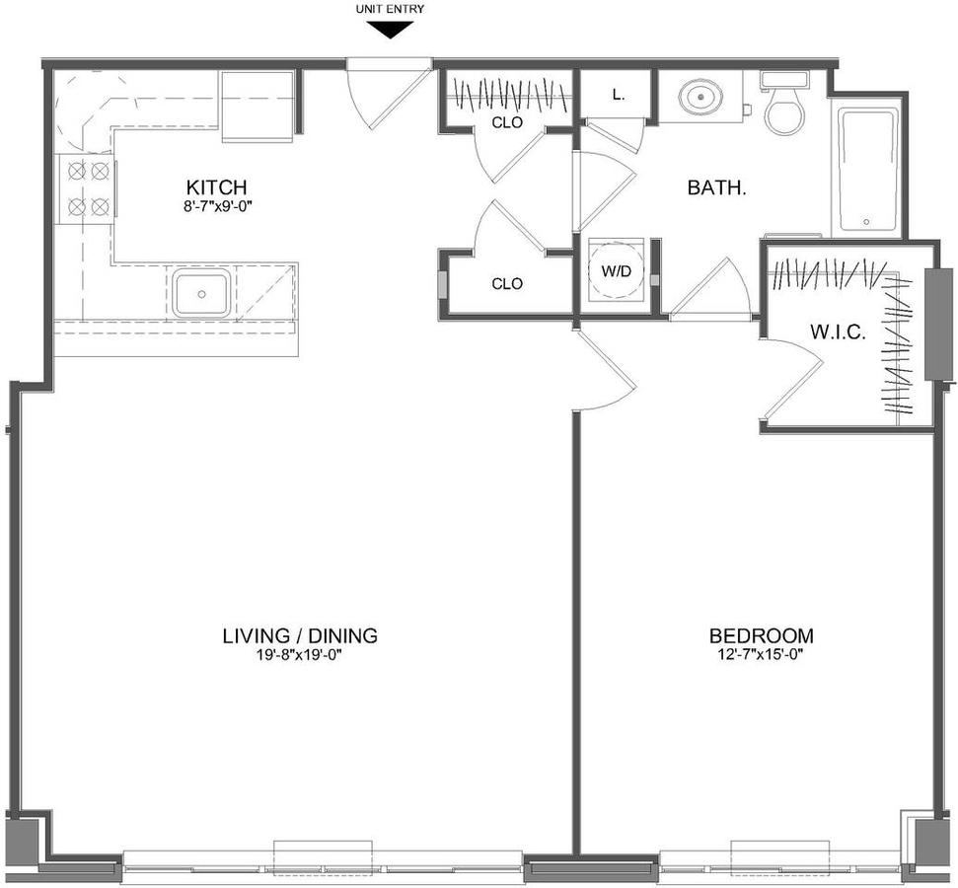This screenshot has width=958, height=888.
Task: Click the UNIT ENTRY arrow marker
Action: click(389, 30)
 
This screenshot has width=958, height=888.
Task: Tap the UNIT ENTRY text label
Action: click(389, 9)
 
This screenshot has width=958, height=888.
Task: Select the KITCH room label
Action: click(216, 186)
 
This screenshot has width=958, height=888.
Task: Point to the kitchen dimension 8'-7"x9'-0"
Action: click(218, 206)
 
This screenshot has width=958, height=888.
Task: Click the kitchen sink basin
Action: click(201, 294)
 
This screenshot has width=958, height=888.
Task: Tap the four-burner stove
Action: click(86, 188)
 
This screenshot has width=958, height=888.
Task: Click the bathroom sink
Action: click(700, 97)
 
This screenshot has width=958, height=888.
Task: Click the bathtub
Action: click(867, 170)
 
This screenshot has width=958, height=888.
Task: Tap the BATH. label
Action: click(717, 187)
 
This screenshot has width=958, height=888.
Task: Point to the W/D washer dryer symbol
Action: click(616, 270)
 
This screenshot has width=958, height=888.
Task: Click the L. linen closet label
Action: click(619, 95)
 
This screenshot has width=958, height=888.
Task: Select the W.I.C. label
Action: click(839, 333)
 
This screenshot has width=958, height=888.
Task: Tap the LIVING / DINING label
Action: click(299, 635)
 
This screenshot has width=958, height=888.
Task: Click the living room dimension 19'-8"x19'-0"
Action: click(299, 655)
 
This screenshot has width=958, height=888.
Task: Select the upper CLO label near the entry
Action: click(508, 123)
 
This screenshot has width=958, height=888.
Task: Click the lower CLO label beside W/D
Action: click(508, 283)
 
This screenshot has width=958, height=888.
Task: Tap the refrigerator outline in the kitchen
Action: click(258, 107)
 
